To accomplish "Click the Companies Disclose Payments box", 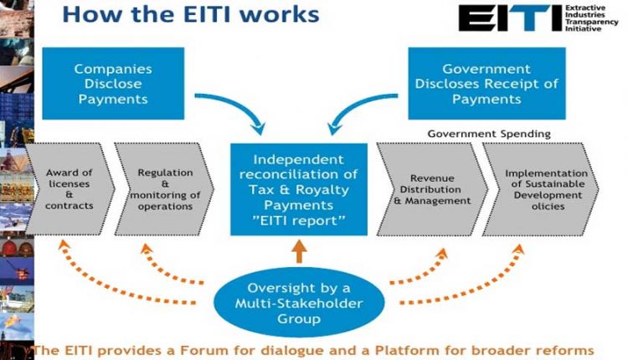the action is (113, 83).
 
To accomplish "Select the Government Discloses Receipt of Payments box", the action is (486, 83).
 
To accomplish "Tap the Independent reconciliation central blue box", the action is (299, 189).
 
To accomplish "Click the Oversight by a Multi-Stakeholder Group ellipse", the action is (299, 303).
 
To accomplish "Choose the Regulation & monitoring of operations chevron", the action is (164, 189).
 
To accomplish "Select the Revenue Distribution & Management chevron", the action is (432, 189).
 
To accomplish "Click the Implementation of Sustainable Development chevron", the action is (541, 189).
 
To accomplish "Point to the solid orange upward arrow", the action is (299, 251).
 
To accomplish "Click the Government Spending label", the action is (489, 134).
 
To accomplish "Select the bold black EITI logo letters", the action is (510, 18).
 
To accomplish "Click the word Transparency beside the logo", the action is (591, 22).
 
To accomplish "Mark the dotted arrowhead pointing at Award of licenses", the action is (64, 244).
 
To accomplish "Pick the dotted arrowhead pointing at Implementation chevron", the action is (518, 249).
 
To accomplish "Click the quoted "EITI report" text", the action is (299, 221).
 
